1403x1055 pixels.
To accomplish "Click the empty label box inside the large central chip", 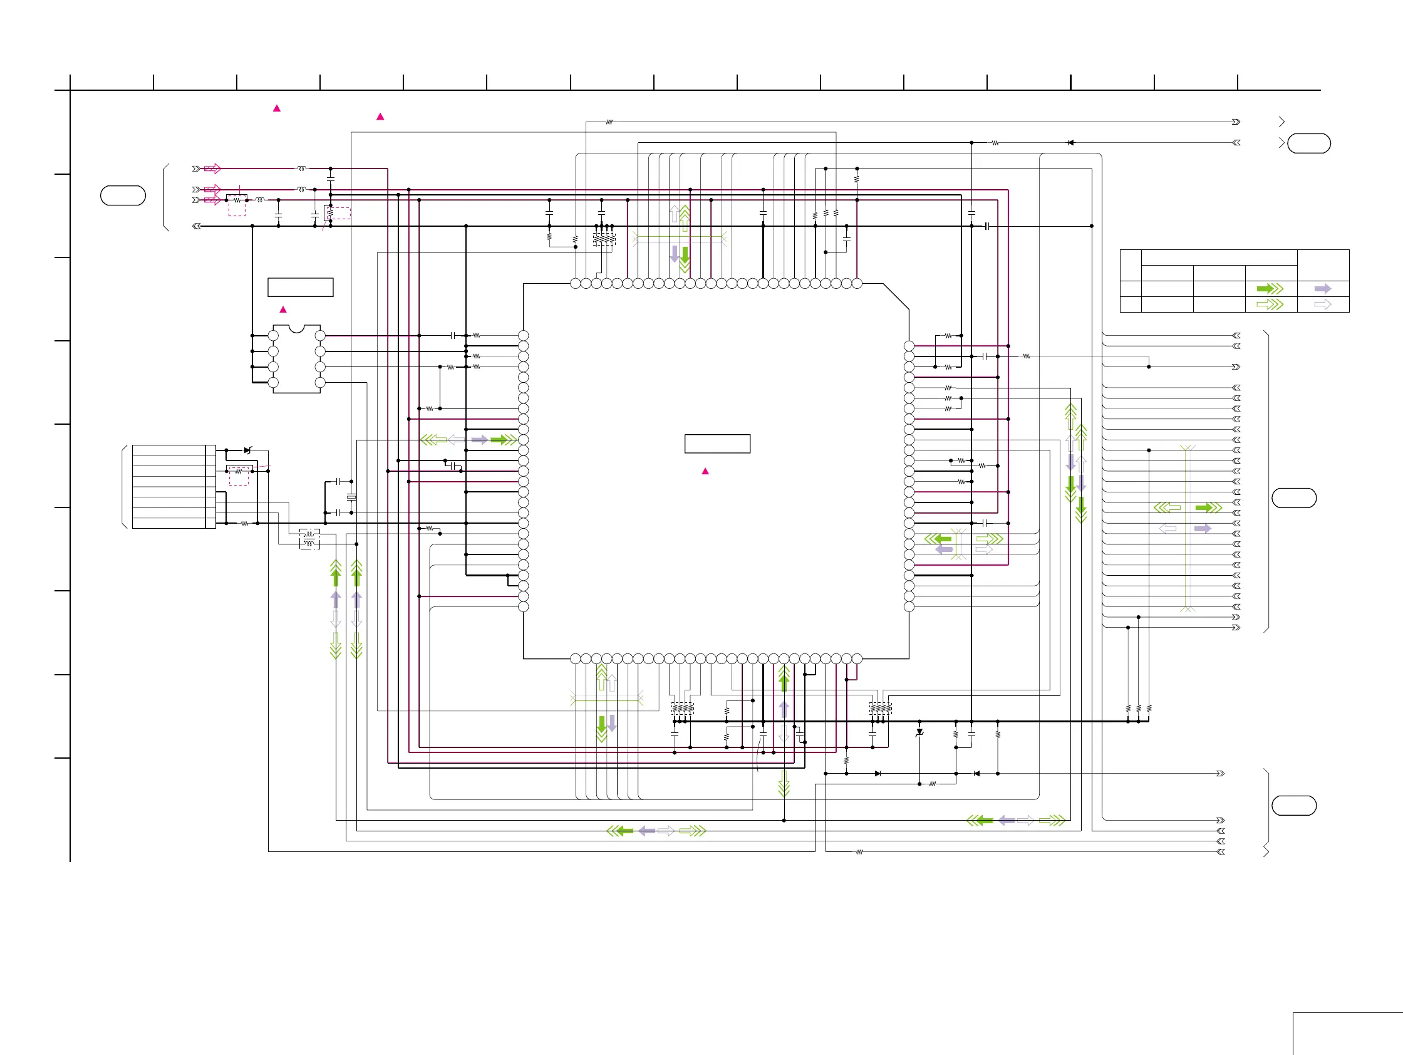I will point(717,444).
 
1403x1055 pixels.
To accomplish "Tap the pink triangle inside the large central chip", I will point(705,471).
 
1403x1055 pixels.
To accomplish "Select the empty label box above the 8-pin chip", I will point(300,287).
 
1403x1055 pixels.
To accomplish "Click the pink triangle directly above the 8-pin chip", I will point(283,309).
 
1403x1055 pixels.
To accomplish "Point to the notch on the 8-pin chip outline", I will point(296,329).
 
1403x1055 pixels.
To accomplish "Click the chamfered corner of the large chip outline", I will point(896,296).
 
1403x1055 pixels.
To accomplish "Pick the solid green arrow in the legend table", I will point(1269,289).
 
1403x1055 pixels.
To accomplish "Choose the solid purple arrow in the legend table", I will point(1322,289).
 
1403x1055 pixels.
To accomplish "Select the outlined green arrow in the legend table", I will point(1269,304).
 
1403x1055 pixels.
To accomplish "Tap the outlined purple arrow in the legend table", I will point(1322,304).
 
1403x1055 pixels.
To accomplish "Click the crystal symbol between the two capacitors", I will point(351,497).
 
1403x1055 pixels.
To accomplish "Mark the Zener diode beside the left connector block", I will point(248,450).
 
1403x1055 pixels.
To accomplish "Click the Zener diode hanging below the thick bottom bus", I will point(919,732).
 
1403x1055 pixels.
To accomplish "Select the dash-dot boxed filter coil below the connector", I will point(309,539).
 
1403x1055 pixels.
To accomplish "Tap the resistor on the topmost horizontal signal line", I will point(609,122).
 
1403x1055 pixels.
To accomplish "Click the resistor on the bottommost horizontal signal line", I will point(859,852).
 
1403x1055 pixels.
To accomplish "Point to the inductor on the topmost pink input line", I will point(301,169).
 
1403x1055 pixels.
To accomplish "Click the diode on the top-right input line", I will point(1070,143).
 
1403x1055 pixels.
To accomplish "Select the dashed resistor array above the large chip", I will point(604,239).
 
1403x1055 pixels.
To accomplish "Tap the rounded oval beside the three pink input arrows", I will point(123,195).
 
